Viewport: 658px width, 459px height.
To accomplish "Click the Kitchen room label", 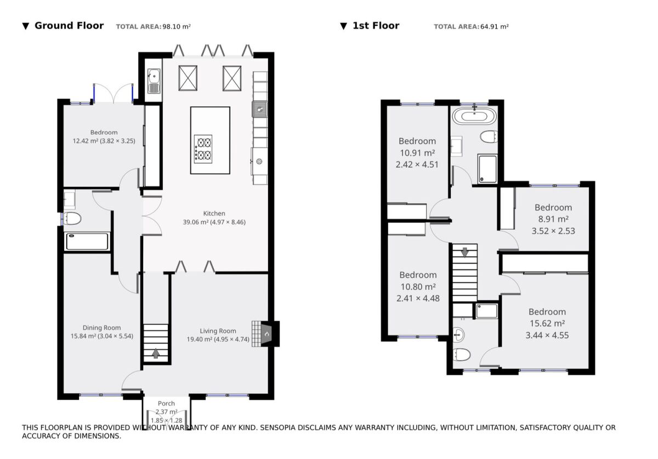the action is point(214,214).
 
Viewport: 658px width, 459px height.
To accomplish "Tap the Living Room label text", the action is point(218,331).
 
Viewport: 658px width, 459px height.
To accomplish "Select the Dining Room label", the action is point(101,328).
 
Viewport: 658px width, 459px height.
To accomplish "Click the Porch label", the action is point(166,404).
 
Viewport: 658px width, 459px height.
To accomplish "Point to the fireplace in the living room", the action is point(266,334).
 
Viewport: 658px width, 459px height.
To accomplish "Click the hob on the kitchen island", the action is point(203,149).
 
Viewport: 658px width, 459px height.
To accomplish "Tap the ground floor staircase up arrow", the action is point(156,353).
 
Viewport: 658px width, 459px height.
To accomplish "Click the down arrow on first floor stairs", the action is point(465,253).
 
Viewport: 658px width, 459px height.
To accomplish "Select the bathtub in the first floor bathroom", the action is point(474,117).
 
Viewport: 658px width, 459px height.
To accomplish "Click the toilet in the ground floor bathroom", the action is point(72,219).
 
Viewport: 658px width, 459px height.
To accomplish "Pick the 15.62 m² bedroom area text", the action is point(547,323).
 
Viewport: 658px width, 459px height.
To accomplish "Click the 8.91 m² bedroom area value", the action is point(553,219).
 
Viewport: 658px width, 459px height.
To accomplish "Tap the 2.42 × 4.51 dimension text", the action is point(417,165).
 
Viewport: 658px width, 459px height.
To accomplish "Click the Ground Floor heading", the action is point(69,26).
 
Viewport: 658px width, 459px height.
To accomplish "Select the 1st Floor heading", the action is point(376,26).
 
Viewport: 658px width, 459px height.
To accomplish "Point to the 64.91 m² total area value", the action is point(495,27).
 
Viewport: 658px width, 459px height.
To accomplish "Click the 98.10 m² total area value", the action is point(177,27).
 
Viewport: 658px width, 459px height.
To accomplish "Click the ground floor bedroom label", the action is point(104,133).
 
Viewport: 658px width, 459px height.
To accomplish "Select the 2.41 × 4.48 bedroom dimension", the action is point(418,299).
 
